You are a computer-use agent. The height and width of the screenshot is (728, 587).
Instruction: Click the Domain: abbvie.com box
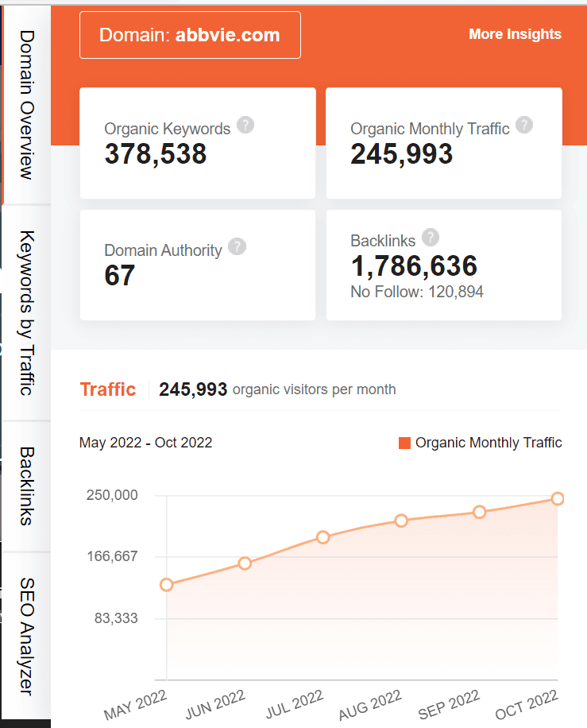(x=190, y=35)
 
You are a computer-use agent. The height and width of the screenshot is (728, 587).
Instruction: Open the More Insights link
(x=515, y=34)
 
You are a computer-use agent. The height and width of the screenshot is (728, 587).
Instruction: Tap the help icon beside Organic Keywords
(x=245, y=125)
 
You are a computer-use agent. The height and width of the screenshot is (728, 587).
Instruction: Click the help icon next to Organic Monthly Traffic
(x=524, y=125)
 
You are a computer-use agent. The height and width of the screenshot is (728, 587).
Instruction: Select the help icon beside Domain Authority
(x=237, y=246)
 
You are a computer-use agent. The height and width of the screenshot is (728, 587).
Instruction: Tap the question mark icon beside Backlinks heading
(x=431, y=237)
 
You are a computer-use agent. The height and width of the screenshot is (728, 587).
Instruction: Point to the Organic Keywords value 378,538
(x=156, y=153)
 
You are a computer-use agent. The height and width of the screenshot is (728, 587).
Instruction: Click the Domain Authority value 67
(x=120, y=276)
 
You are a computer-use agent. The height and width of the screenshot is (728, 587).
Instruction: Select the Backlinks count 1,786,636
(x=414, y=265)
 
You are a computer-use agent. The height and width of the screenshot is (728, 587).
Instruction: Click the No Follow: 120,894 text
(x=417, y=292)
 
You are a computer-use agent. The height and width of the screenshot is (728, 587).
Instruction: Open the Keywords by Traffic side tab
(x=26, y=312)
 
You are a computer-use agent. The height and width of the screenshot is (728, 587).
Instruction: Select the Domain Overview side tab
(x=26, y=104)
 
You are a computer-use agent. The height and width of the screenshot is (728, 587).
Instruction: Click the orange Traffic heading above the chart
(x=108, y=389)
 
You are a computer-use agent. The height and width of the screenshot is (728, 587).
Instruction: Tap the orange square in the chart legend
(x=405, y=443)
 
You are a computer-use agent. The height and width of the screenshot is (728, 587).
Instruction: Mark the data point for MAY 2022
(x=167, y=585)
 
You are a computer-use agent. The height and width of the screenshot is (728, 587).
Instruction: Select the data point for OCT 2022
(x=558, y=498)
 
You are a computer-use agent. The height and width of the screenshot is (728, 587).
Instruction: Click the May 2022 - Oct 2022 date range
(x=145, y=443)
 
